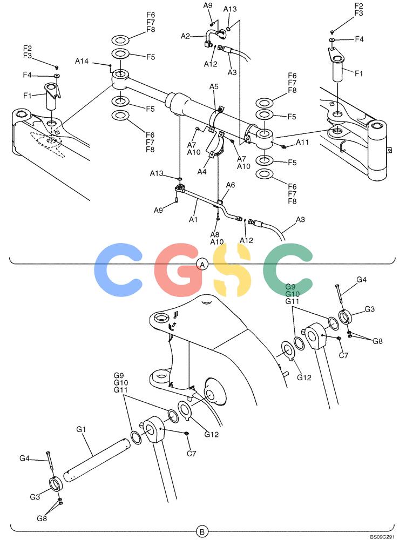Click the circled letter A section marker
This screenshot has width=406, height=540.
tap(202, 265)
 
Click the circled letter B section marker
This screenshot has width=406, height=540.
tap(202, 532)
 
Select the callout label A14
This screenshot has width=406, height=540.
tap(82, 62)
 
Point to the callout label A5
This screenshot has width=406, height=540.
tap(214, 86)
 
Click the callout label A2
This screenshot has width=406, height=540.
tap(185, 36)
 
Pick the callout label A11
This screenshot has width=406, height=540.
tap(302, 142)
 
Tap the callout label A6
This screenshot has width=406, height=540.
tap(231, 185)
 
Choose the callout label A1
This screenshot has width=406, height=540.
tap(193, 219)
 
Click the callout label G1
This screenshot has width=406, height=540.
tap(81, 429)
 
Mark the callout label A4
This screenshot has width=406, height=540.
tap(202, 171)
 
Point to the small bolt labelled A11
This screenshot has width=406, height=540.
tap(284, 147)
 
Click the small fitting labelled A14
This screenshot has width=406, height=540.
tap(110, 65)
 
